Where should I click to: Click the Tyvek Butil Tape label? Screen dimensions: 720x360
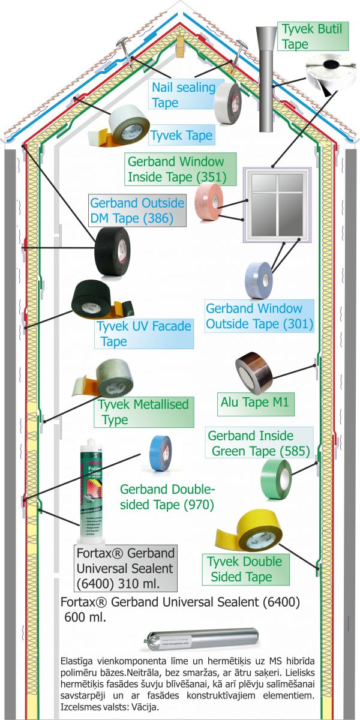pos(313,36)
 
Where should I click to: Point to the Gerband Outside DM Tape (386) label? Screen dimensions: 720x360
pos(137,210)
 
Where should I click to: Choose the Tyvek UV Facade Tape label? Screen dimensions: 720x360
pos(143,334)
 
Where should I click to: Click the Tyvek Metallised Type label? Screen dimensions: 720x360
pos(143,412)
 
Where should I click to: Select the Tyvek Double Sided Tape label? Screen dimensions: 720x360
pos(244,569)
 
